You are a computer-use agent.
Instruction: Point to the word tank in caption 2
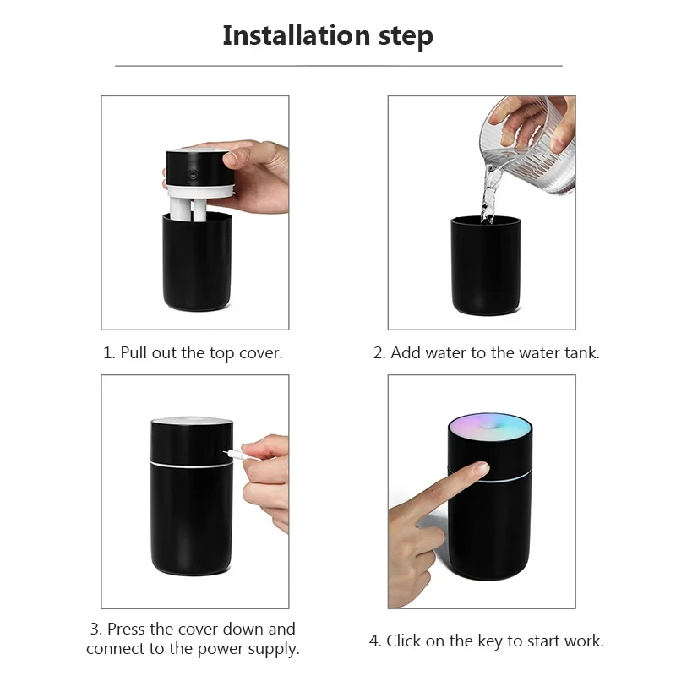pos(579,352)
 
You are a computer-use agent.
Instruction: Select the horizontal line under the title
pos(338,65)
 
